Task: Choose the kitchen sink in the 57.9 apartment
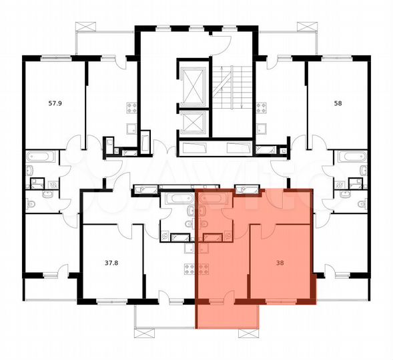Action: point(131,129)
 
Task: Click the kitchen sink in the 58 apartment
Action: point(263,129)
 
